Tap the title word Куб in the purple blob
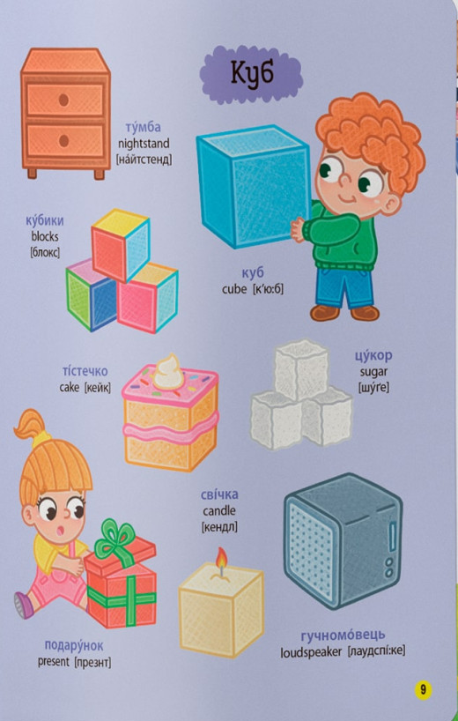[x=252, y=73]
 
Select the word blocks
[x=44, y=236]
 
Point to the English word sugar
[x=373, y=372]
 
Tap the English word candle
[x=219, y=510]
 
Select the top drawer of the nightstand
[x=65, y=97]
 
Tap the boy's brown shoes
[x=344, y=312]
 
